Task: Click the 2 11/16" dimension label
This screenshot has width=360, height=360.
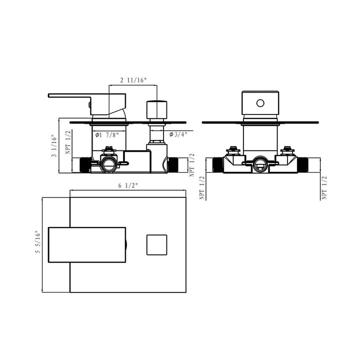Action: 133,80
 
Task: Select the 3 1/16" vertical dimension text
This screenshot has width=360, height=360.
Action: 54,146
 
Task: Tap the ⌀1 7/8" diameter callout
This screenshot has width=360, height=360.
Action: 107,135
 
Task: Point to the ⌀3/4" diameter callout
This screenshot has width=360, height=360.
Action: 178,134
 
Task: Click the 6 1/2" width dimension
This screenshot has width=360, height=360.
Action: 127,185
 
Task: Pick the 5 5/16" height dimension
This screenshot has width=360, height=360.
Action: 38,242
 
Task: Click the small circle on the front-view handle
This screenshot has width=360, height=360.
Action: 260,103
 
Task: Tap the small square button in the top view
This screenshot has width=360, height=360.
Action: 157,244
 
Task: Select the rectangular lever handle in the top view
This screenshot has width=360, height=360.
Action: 87,244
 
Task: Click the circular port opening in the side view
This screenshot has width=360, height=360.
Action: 108,164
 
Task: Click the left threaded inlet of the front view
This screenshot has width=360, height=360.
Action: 218,165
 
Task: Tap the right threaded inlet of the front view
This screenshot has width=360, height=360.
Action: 302,165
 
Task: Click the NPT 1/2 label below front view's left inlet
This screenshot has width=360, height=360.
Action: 202,187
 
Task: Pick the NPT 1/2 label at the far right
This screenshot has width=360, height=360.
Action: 324,187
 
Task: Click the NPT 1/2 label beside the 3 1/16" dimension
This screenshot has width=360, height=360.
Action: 68,142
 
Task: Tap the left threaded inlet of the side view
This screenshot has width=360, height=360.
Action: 85,165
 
